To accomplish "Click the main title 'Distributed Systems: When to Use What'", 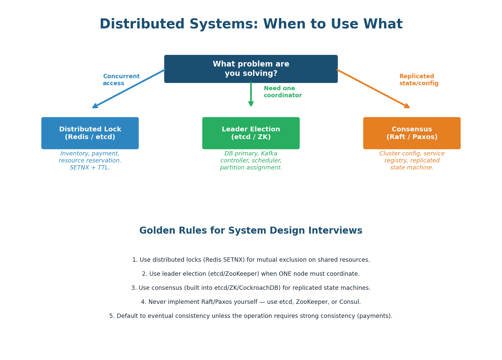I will click(251, 24).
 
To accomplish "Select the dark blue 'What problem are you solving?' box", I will click(251, 69).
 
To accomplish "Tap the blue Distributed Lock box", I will click(90, 133).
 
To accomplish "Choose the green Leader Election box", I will click(251, 133).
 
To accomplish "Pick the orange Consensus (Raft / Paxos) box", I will click(411, 133).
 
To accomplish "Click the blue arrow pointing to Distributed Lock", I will click(129, 89).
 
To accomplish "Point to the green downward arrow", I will click(251, 95).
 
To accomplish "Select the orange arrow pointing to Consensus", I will click(373, 89).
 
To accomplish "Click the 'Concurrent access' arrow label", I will click(121, 80).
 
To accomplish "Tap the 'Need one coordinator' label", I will click(283, 92).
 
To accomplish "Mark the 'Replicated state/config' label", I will click(419, 80).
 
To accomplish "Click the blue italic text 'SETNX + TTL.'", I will click(90, 168).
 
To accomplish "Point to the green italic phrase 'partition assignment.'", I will click(251, 168).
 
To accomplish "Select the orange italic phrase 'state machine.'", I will click(411, 168).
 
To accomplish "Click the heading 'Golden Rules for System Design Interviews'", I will click(251, 231).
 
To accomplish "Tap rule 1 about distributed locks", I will click(251, 260).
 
